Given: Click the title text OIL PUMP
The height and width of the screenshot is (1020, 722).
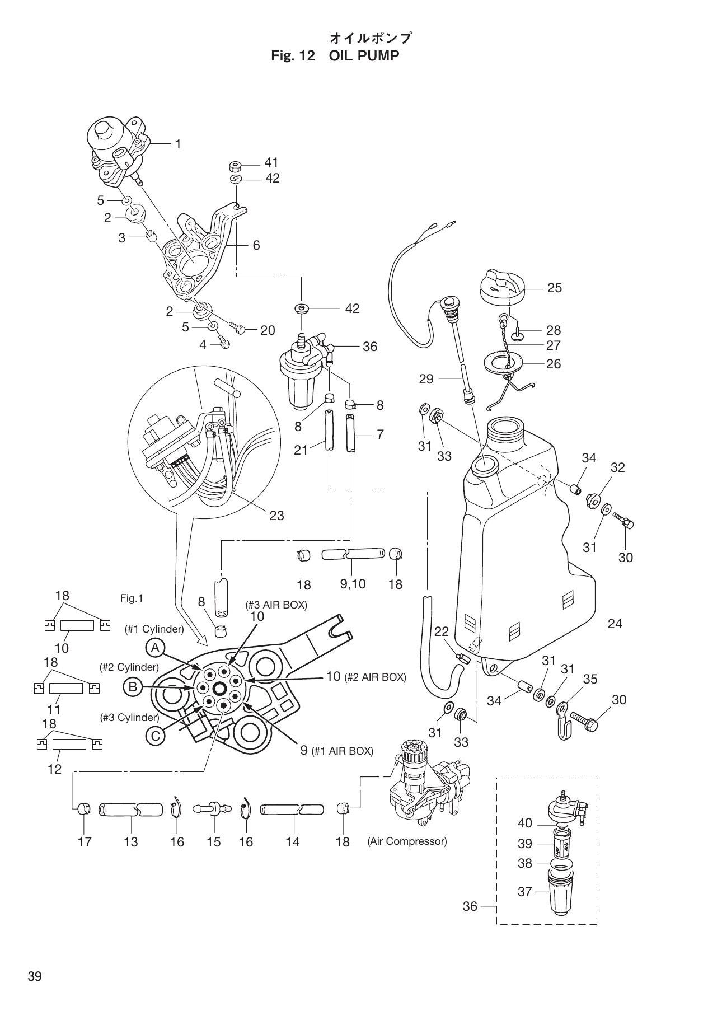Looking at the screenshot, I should pyautogui.click(x=364, y=56).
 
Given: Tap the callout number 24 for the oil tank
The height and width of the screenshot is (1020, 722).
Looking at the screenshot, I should pyautogui.click(x=615, y=623).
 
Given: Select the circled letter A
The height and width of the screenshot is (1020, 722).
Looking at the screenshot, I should pyautogui.click(x=155, y=648).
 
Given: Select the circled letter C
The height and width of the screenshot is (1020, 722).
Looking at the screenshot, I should pyautogui.click(x=155, y=736).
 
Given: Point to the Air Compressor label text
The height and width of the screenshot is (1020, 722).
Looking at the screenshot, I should pyautogui.click(x=407, y=841).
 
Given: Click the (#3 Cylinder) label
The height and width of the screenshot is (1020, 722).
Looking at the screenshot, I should pyautogui.click(x=129, y=717).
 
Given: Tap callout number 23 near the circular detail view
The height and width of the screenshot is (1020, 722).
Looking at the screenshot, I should pyautogui.click(x=276, y=515).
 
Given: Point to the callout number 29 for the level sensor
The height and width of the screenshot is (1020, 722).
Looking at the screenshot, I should pyautogui.click(x=426, y=379).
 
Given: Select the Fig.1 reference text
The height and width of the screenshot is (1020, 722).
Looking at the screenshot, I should pyautogui.click(x=132, y=598).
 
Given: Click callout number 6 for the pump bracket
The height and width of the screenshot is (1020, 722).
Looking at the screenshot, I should pyautogui.click(x=256, y=245).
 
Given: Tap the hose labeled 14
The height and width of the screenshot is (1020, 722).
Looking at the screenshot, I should pyautogui.click(x=292, y=810).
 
